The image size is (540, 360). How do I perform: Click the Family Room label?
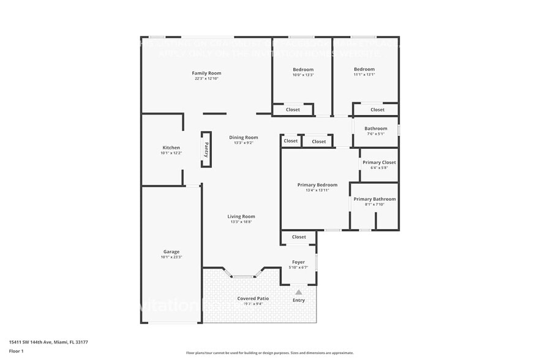206,73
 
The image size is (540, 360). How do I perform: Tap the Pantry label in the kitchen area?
206,149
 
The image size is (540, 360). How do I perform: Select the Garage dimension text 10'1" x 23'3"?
171,257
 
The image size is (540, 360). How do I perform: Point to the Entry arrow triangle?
299,292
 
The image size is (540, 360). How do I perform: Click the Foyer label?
298,262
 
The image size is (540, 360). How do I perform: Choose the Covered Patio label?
253,298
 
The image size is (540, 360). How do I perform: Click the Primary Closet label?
379,162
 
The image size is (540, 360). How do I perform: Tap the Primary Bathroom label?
375,199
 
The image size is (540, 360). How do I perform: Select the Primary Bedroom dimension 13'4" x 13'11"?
317,190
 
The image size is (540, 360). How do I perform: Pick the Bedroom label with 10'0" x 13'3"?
303,69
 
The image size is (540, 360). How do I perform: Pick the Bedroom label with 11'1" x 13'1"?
364,69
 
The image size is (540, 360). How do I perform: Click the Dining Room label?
244,138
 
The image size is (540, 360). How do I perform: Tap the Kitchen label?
171,148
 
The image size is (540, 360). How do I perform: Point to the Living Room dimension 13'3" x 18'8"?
241,222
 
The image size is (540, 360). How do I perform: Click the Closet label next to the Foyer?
299,237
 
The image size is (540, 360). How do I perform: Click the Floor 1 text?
16,351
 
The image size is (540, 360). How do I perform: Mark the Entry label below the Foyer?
299,300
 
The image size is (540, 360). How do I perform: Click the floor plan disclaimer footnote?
270,353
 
